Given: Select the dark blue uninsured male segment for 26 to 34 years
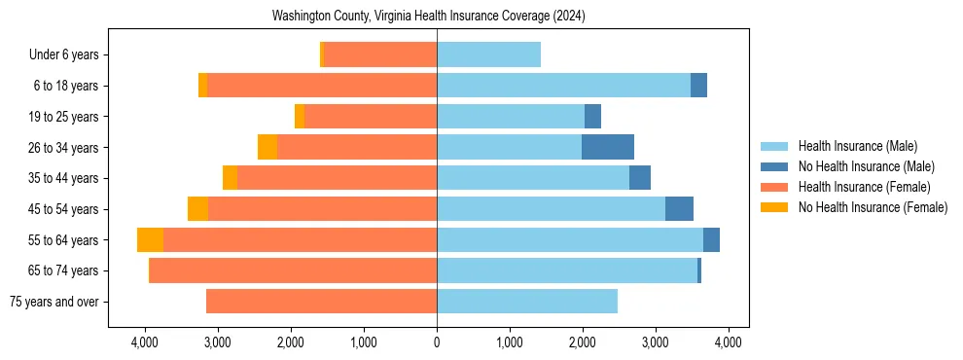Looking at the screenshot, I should (608, 147).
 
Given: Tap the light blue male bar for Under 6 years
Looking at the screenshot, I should (488, 55).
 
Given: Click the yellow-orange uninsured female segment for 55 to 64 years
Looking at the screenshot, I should (150, 240).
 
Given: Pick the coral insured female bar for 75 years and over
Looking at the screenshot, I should (321, 302).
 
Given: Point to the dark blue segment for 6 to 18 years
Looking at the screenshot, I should (698, 86).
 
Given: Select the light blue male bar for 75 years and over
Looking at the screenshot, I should (527, 302).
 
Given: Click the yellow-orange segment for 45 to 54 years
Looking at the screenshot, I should (197, 209).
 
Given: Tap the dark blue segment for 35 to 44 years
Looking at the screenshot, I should (640, 178).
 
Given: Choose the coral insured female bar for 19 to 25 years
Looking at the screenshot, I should (371, 117).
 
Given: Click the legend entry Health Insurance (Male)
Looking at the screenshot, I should (857, 146).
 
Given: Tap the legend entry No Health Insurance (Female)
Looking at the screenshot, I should (873, 207).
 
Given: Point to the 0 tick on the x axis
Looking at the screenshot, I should (437, 342).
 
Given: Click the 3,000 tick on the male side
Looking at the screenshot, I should (656, 342).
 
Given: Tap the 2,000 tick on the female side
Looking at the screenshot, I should (291, 342).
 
